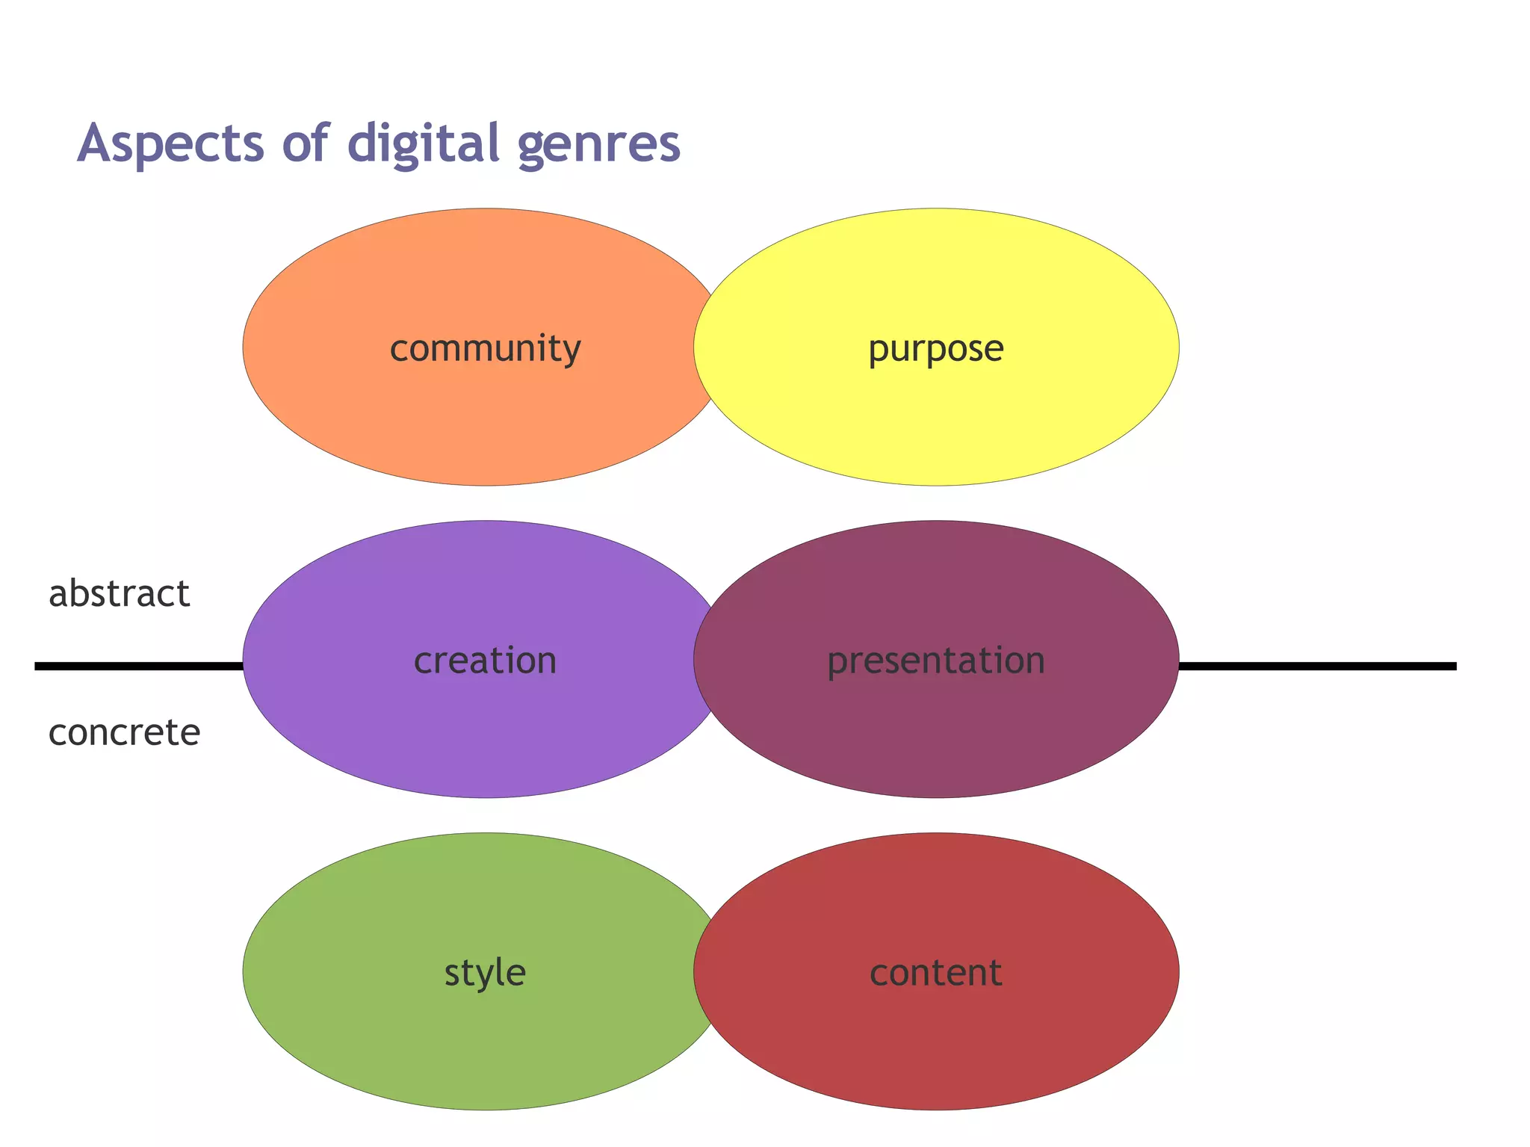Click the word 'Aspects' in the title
coord(170,143)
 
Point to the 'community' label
coord(485,349)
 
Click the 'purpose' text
coord(935,349)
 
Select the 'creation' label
coord(485,661)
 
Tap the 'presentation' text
coord(935,661)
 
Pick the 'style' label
coord(485,973)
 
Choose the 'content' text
coord(935,973)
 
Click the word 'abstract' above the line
coord(120,594)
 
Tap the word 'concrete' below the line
coord(124,732)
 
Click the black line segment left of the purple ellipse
coord(138,666)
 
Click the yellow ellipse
coord(935,418)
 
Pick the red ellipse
coord(935,1046)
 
